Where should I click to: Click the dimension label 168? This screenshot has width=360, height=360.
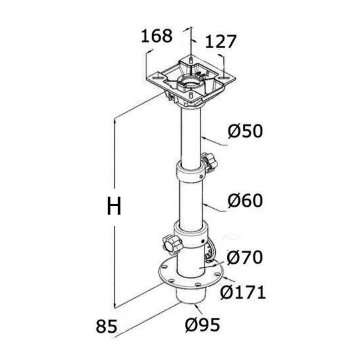click(x=156, y=36)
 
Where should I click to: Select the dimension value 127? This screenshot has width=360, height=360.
click(x=220, y=42)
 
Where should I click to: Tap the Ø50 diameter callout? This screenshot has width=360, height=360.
click(x=245, y=131)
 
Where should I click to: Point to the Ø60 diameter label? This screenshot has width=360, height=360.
click(x=245, y=200)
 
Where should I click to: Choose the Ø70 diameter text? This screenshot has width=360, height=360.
click(x=245, y=257)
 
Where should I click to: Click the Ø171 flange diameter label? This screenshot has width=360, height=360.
click(x=243, y=292)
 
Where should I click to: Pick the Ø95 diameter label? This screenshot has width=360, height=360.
click(x=202, y=325)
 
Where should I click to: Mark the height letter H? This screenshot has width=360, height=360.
click(x=114, y=206)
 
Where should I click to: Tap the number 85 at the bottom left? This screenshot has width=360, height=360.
click(x=106, y=326)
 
